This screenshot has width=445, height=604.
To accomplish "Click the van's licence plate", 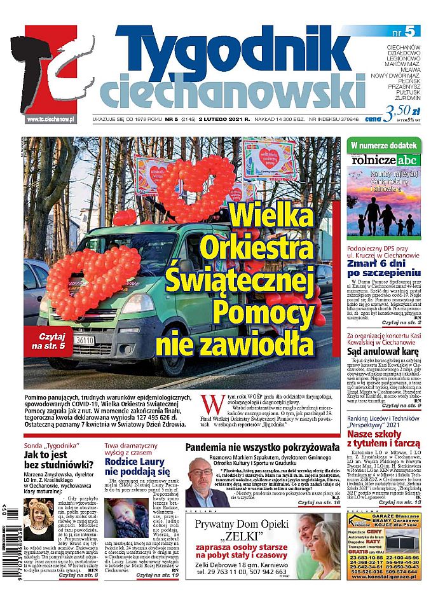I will click(x=84, y=340).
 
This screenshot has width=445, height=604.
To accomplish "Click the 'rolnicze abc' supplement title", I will click(x=383, y=161).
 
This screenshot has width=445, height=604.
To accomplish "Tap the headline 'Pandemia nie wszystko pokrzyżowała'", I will click(x=266, y=447).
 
